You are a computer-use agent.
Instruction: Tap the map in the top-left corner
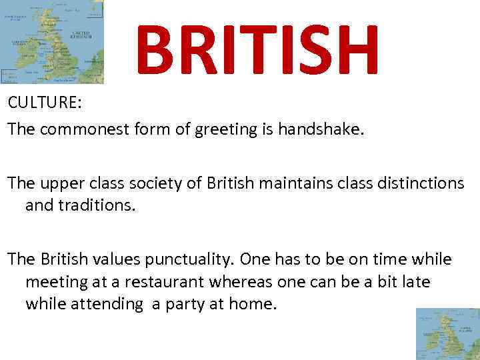(x=51, y=41)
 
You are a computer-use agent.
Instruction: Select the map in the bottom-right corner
(x=447, y=333)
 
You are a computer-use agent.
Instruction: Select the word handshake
(x=325, y=129)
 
